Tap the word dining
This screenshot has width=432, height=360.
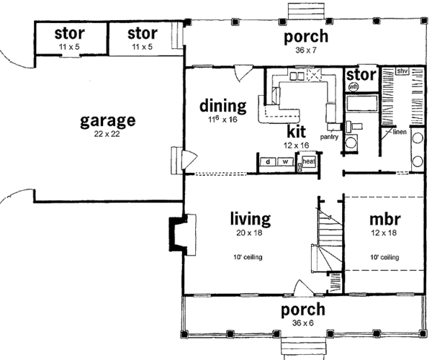[x=222, y=106]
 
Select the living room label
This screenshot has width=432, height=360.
[x=250, y=218]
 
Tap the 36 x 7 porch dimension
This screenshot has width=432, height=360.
[x=305, y=51]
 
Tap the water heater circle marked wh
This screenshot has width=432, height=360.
[x=354, y=87]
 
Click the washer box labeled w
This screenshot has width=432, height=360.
[x=285, y=161]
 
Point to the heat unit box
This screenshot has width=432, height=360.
[x=307, y=162]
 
